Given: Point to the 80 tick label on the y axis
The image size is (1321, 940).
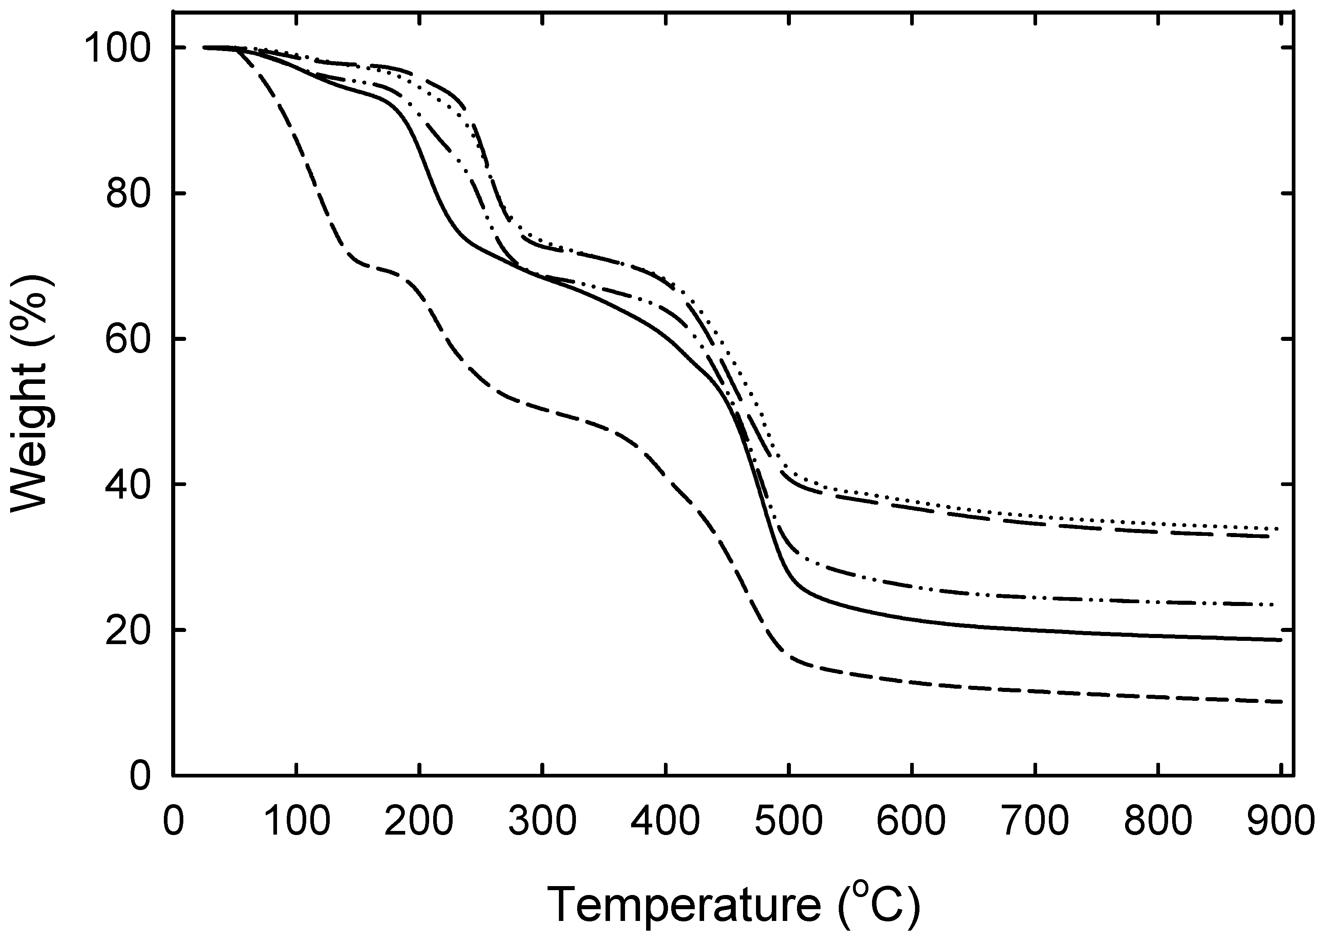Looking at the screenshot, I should point(129,194).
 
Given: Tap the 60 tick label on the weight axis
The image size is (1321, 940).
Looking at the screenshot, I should point(129,339).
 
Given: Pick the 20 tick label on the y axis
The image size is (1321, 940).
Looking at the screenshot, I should point(129,630).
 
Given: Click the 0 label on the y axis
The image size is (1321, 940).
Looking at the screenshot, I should point(140,775).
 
